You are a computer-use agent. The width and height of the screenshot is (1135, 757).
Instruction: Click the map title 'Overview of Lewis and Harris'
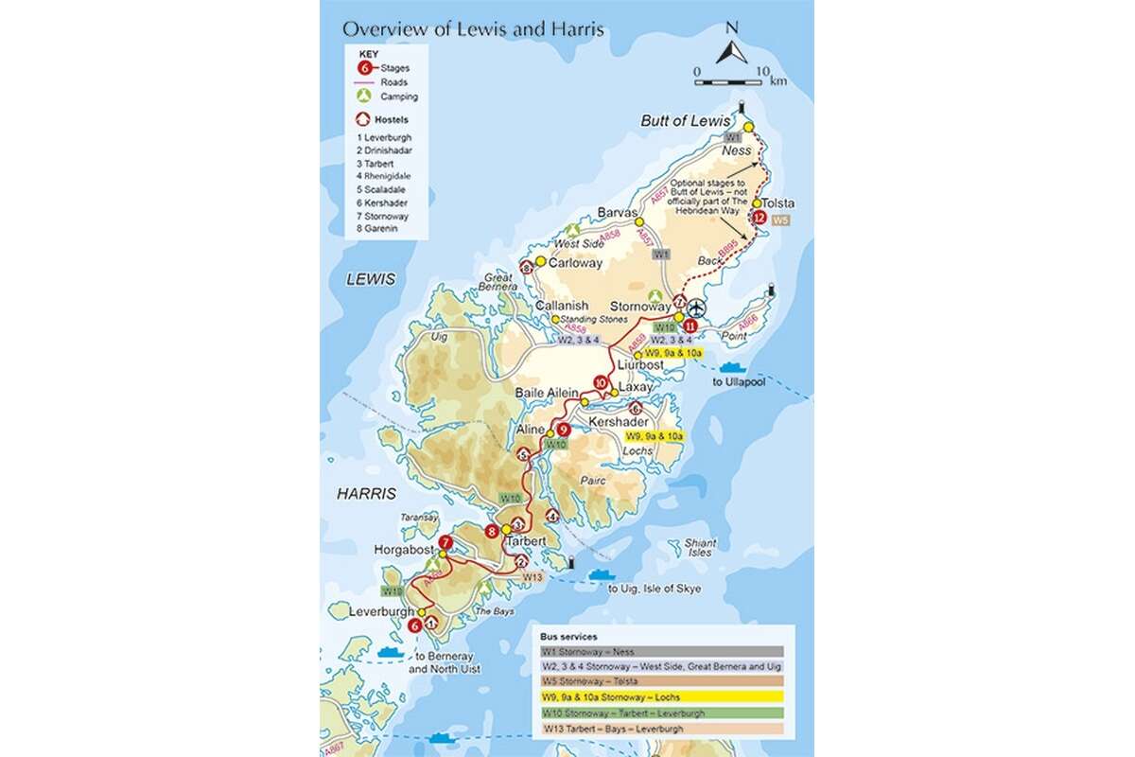pyautogui.click(x=473, y=28)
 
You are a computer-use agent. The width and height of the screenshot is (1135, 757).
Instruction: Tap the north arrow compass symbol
pyautogui.click(x=731, y=44)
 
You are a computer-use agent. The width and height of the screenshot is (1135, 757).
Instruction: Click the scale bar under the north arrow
pyautogui.click(x=732, y=81)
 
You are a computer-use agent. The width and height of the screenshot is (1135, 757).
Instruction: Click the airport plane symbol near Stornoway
pyautogui.click(x=697, y=308)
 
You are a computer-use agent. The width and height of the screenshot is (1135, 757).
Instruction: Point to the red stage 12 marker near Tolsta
pyautogui.click(x=760, y=218)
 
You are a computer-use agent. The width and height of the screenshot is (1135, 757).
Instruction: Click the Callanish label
pyautogui.click(x=562, y=306)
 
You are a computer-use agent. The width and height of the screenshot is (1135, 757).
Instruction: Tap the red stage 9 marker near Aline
pyautogui.click(x=564, y=429)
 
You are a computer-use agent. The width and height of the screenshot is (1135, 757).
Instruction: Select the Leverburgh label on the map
pyautogui.click(x=382, y=612)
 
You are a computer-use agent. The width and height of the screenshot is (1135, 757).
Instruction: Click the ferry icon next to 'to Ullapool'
pyautogui.click(x=734, y=366)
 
